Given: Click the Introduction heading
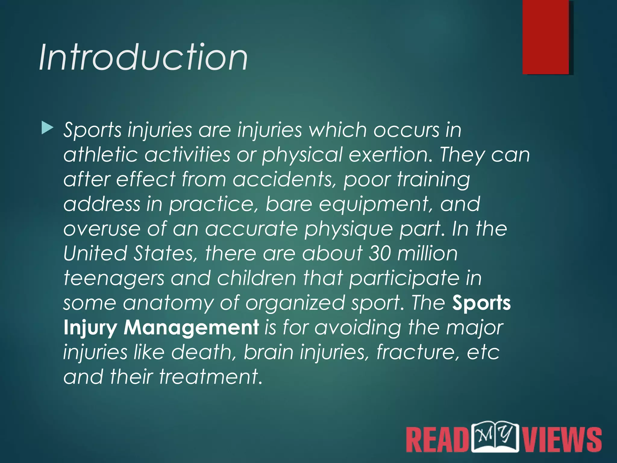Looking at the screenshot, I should click(x=143, y=57).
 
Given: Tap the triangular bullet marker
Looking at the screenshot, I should click(x=47, y=128).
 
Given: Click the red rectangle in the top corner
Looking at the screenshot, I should click(x=546, y=37).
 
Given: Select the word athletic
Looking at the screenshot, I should click(x=101, y=155).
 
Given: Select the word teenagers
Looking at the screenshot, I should click(x=114, y=279).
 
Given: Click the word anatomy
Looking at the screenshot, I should click(x=168, y=303).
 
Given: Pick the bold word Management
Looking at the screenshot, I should click(x=191, y=328).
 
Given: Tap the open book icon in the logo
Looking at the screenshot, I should click(x=495, y=437).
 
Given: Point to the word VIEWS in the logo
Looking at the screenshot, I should click(x=562, y=440).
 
